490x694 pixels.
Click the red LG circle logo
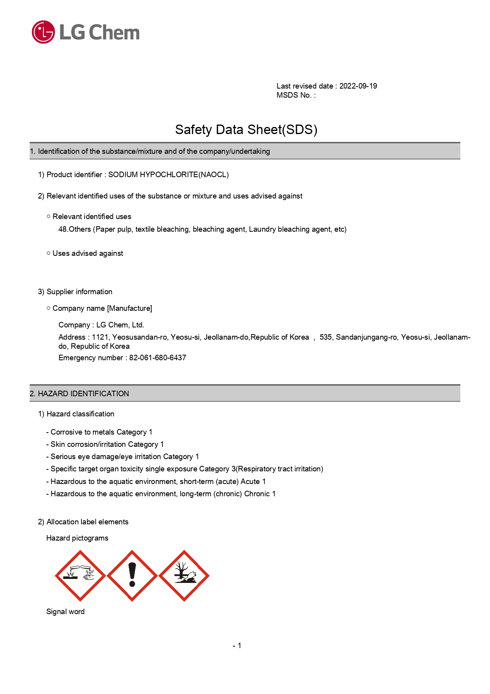43,32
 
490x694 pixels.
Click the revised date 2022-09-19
358,86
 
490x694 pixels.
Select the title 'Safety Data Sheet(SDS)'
246,130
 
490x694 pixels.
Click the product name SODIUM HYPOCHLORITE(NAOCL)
168,175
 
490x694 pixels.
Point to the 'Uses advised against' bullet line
87,253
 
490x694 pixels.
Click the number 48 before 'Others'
62,229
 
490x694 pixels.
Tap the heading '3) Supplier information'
75,292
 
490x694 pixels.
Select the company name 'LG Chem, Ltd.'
120,325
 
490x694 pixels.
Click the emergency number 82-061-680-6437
158,358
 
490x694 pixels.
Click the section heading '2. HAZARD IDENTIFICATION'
79,394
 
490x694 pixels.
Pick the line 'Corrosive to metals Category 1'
101,432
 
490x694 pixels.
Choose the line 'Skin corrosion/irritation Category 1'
107,444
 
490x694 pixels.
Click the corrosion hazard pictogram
80,576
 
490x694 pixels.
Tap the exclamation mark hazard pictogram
132,576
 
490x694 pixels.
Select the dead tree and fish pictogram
184,576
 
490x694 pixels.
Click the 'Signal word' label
66,612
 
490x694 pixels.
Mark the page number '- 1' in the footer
237,646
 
